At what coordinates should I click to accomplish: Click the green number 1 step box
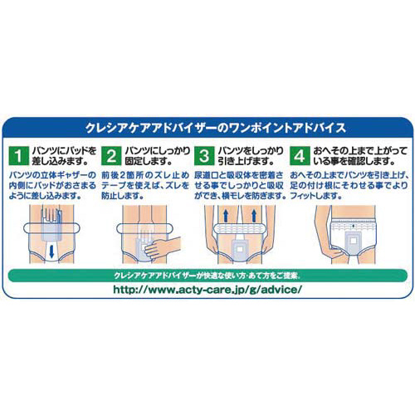point(19,156)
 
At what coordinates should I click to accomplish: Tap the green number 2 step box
point(111,156)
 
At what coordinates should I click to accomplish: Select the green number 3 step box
point(204,156)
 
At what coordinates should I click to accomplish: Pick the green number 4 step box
point(300,156)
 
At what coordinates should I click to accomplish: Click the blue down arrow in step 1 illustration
point(51,251)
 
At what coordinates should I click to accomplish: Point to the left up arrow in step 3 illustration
point(226,216)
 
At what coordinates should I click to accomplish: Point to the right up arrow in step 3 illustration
point(254,216)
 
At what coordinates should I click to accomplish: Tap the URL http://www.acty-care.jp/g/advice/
point(207,290)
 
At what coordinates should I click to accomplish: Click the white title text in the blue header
point(216,128)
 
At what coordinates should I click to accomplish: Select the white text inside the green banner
point(207,276)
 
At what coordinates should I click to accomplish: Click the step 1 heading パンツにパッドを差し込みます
point(64,156)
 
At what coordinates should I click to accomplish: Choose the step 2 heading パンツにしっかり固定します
point(158,156)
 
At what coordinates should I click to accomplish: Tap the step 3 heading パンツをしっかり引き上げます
point(251,156)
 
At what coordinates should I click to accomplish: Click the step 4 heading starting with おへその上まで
point(360,156)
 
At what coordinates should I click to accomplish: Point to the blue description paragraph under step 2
point(145,185)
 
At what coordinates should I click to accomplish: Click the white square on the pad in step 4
point(353,242)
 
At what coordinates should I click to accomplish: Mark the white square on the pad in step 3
point(240,249)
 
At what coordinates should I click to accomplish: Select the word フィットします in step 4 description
point(315,196)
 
